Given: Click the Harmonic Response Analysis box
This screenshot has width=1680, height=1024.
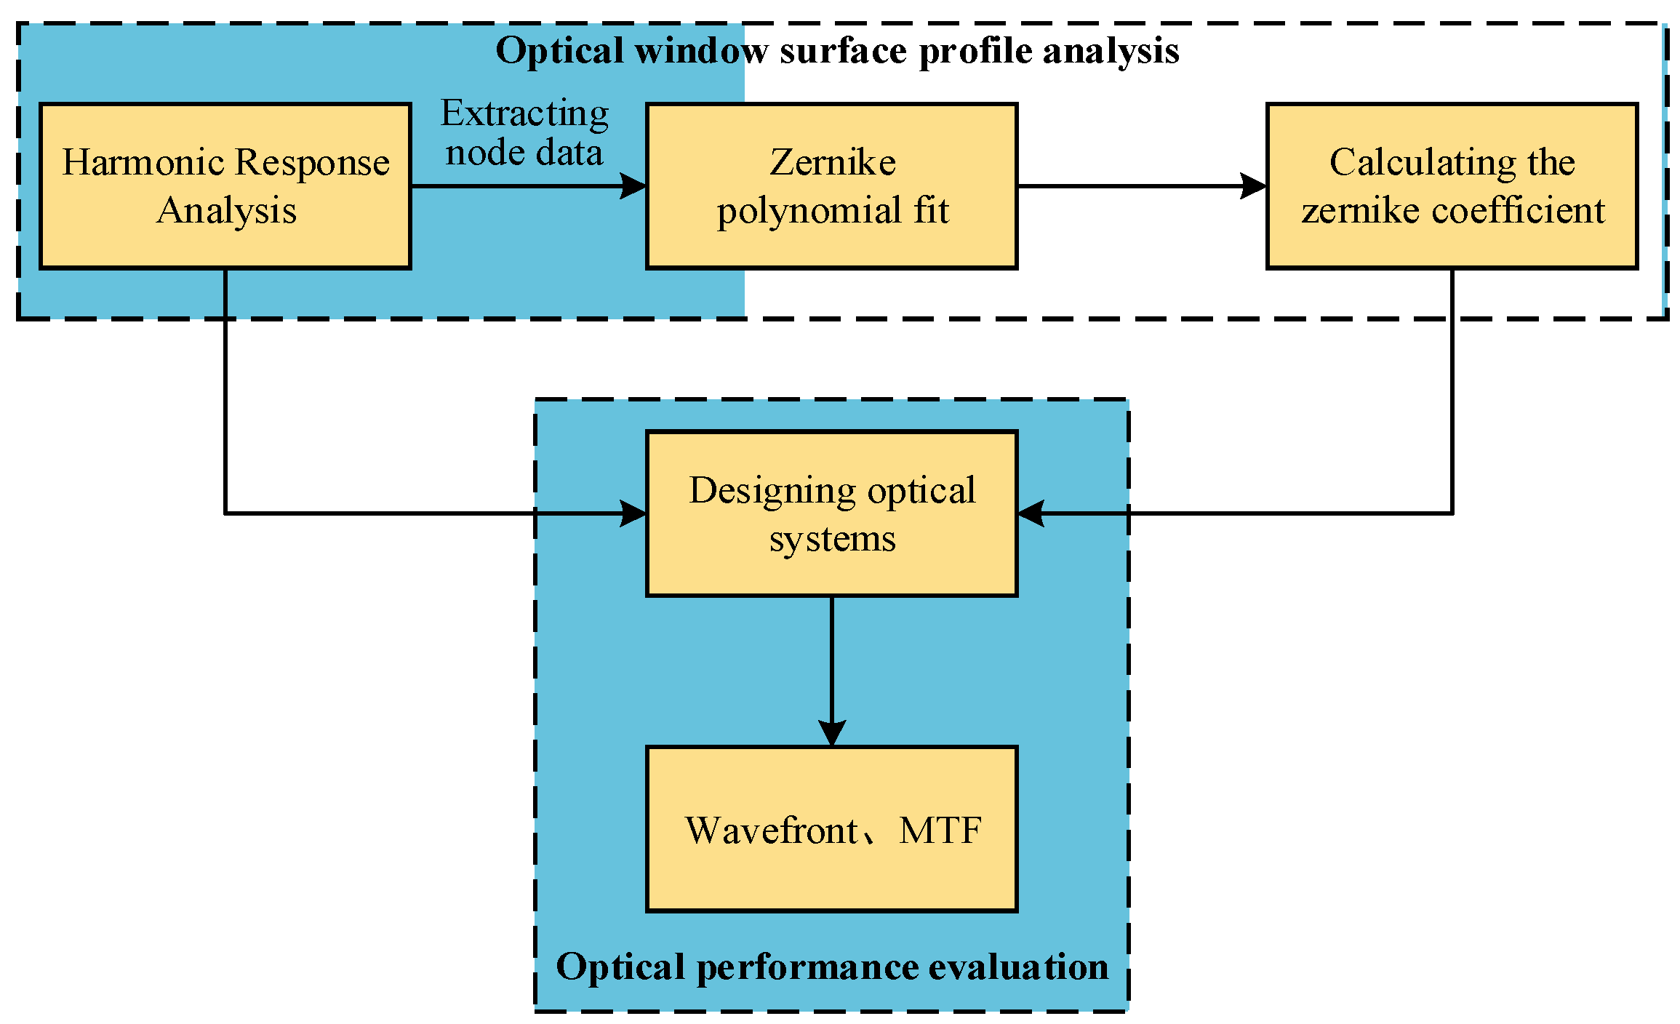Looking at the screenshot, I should point(225,186).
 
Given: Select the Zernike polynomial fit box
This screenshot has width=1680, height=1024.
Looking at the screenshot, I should point(831,186).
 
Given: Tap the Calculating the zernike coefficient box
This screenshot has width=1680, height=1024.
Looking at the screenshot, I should point(1452,186).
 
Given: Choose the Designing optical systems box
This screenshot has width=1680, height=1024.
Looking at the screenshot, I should point(831,513).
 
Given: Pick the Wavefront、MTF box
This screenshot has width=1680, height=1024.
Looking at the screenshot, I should point(831,828).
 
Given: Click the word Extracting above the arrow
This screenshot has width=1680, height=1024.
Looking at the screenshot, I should point(524,114).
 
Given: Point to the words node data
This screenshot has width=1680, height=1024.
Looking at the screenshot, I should point(524,153).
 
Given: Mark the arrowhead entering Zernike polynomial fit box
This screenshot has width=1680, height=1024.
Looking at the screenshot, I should point(633,186).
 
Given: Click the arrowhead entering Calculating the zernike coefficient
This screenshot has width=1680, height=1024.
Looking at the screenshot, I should point(1254,186).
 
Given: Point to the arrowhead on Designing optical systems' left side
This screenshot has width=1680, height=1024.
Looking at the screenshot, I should point(633,513).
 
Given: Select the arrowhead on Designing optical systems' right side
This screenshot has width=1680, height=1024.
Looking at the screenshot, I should point(1031,513).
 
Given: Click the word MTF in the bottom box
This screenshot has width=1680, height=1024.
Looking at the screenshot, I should point(940,830).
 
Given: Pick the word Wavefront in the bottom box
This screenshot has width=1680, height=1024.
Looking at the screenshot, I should point(772,830).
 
